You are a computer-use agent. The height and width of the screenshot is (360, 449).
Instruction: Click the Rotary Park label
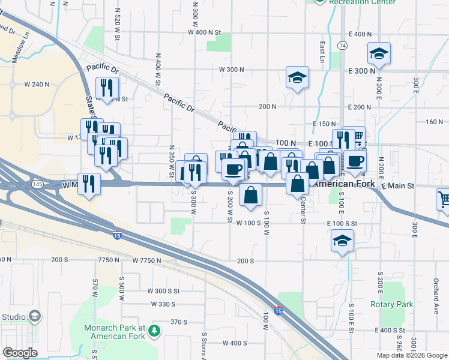coord(392,304)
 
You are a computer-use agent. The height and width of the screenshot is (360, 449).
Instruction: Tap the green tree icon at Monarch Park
coord(155,330)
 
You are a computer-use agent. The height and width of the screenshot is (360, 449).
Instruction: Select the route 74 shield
coord(342,46)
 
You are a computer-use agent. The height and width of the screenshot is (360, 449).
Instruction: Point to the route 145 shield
coord(38,182)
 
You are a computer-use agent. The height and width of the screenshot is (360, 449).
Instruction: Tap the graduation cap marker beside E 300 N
coord(379,54)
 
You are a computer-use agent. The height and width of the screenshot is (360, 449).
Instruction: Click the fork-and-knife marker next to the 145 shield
coord(89,182)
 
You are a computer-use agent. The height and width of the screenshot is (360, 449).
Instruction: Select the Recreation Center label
coord(363,2)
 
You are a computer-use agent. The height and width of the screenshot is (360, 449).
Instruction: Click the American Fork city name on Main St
coord(345,184)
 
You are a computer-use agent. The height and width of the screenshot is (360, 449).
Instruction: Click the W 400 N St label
coord(204,32)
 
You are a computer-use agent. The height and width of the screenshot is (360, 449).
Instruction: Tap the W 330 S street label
coord(163,304)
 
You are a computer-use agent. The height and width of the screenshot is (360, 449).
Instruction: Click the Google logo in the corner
coord(20,353)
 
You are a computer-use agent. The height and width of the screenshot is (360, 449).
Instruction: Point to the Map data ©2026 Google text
coord(411,355)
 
